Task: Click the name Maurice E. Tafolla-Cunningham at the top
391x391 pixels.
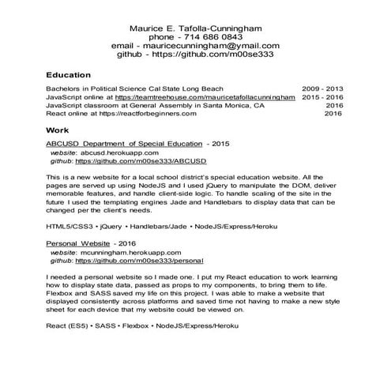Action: pyautogui.click(x=195, y=24)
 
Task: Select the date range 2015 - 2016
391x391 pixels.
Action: pyautogui.click(x=322, y=96)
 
